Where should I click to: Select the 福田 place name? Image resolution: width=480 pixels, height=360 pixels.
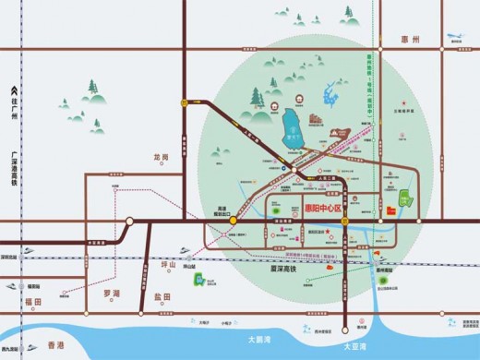(x=33, y=302)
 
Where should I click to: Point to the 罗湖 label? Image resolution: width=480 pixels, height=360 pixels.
(x=112, y=294)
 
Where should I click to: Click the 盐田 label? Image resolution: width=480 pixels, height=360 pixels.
(x=162, y=296)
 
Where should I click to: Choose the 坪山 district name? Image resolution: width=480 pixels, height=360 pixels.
(x=168, y=264)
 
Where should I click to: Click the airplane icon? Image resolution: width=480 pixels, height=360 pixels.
(x=455, y=37)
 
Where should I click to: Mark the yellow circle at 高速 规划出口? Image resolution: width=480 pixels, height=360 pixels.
(x=234, y=222)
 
